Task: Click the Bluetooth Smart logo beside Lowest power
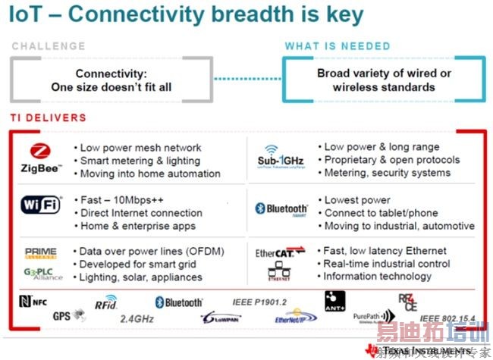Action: pyautogui.click(x=281, y=209)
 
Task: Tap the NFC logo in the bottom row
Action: pyautogui.click(x=33, y=301)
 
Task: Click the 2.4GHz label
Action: pyautogui.click(x=137, y=319)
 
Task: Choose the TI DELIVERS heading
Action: pyautogui.click(x=48, y=117)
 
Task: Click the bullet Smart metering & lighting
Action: pyautogui.click(x=140, y=160)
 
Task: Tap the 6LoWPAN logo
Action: pyautogui.click(x=221, y=318)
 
